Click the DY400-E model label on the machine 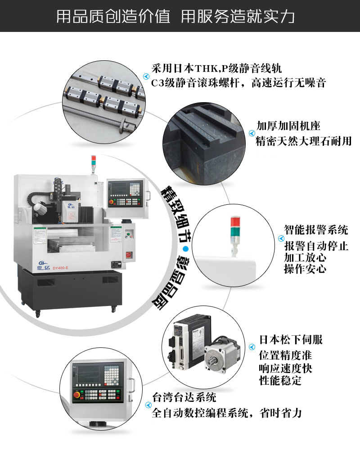61,268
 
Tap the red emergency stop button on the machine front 128,255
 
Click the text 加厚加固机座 288,126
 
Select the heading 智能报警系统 316,229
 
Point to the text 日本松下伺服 291,339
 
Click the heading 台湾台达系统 184,397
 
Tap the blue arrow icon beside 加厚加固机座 252,133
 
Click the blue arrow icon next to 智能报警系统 281,238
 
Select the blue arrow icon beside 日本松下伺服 252,347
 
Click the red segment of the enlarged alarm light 235,222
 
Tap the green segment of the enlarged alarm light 235,232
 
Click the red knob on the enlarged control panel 76,395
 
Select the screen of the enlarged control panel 88,374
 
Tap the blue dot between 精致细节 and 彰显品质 186,249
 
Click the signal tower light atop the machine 93,164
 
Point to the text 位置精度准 285,355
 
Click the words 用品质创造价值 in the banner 113,16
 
